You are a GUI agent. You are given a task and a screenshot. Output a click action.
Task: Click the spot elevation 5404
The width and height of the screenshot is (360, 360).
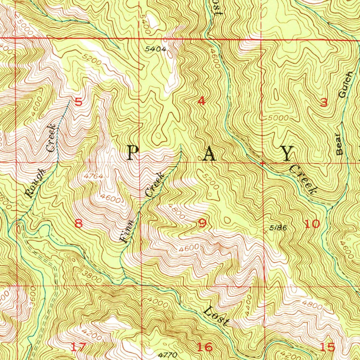pos(156,49)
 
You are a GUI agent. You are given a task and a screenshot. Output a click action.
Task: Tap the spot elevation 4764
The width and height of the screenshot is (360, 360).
pos(94,176)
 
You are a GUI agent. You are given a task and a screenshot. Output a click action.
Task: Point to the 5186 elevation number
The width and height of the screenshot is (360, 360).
pos(278,228)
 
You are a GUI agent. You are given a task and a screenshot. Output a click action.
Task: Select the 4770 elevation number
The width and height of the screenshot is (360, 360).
pos(168,355)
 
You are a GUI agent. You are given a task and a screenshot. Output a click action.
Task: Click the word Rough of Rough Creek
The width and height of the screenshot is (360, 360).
pos(36,183)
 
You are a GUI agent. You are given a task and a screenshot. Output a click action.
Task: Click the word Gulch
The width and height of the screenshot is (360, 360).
pos(345,85)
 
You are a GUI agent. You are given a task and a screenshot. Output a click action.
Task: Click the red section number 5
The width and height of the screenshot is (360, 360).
pos(78,102)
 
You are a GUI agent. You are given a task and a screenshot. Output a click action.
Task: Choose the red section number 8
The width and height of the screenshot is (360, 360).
pos(78,224)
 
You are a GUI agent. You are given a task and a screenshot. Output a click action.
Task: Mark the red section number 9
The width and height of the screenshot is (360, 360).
pos(202,224)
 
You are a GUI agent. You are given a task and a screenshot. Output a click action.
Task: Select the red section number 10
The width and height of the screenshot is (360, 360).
pos(312,224)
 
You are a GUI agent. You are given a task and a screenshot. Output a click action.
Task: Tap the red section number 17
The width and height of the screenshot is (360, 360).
pos(78,347)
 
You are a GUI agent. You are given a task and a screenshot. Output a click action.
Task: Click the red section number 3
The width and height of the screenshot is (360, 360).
pos(324,102)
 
